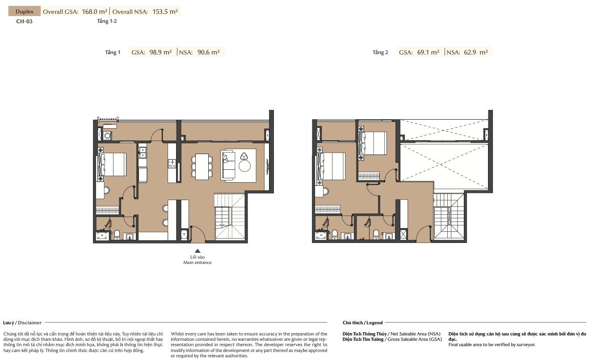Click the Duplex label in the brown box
25,12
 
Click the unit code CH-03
25,21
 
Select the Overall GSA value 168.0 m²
94,12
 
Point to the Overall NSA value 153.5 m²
165,12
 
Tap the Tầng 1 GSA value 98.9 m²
160,52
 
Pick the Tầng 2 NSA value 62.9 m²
476,52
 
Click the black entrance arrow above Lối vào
198,251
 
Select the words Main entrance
198,263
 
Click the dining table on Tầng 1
202,167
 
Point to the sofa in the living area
229,165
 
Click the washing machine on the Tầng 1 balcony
107,136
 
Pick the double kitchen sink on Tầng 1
143,153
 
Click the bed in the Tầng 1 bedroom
112,164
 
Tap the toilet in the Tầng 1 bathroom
117,234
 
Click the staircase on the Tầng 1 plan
229,216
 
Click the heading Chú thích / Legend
362,322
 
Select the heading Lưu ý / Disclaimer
22,322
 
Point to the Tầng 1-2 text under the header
107,21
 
